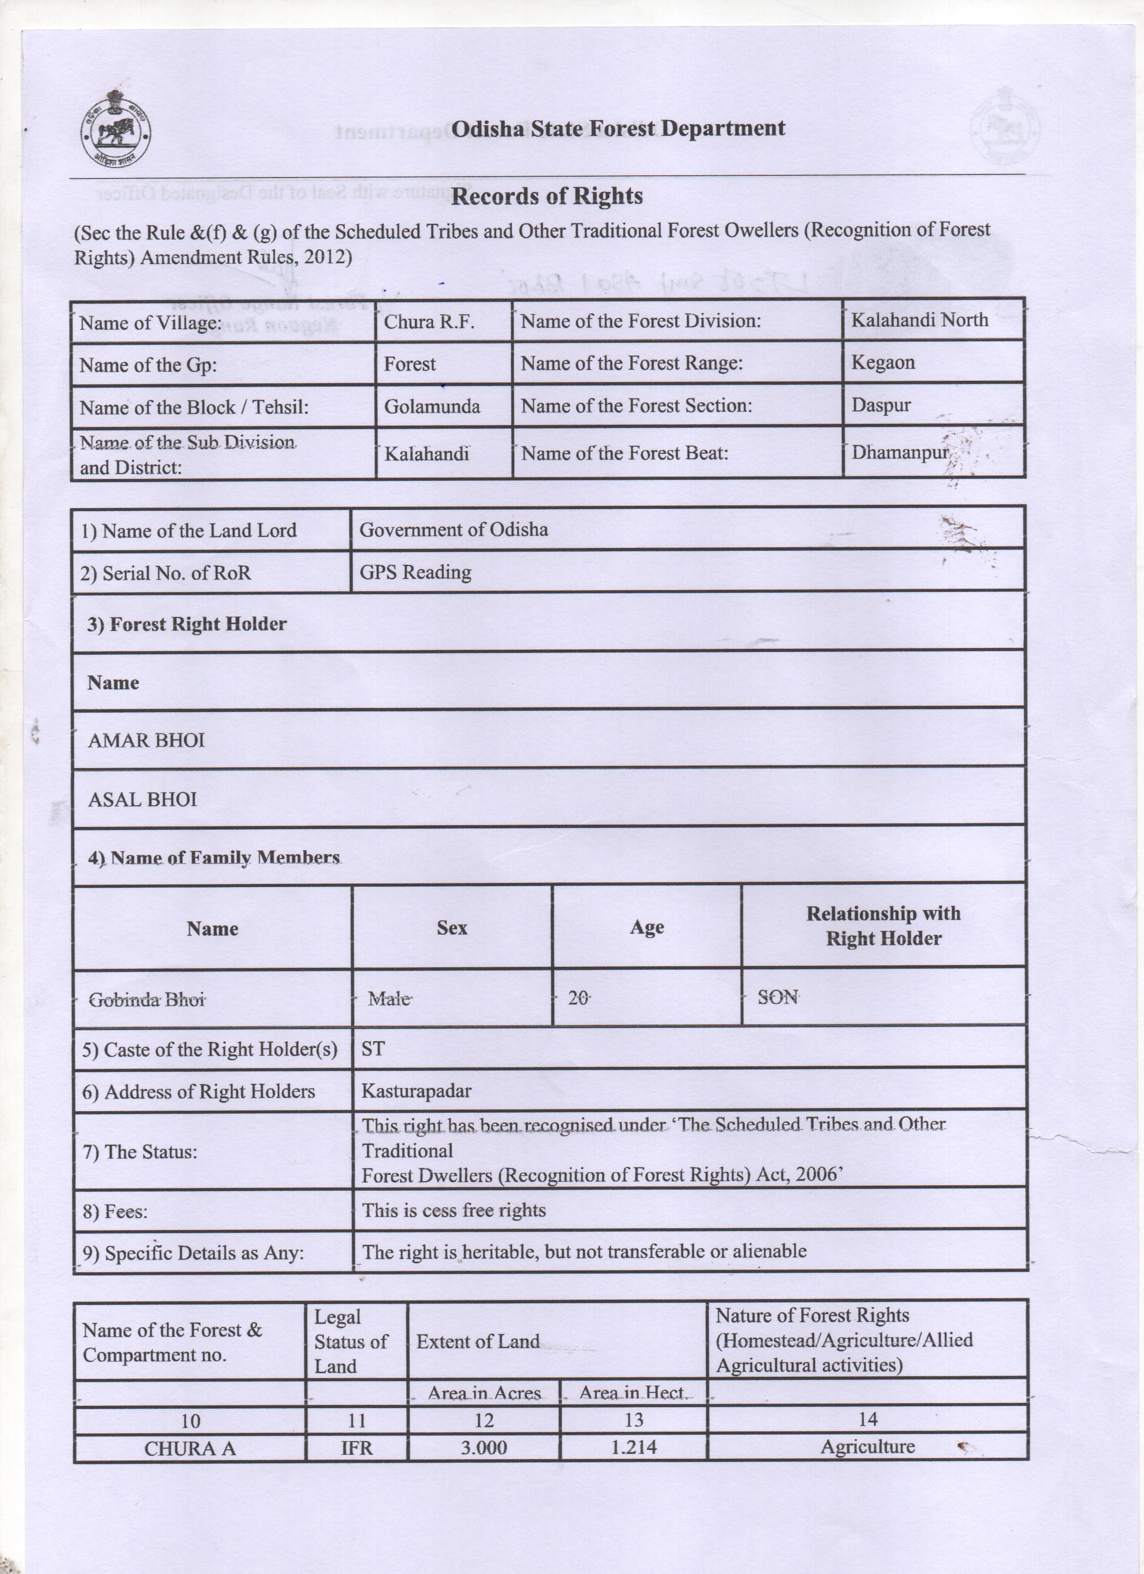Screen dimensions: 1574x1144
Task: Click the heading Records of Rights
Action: pyautogui.click(x=546, y=196)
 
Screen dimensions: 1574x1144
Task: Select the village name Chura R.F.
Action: pyautogui.click(x=429, y=322)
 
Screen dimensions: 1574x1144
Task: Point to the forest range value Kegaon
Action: pyautogui.click(x=882, y=362)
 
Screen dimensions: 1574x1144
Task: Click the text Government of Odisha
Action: pyautogui.click(x=453, y=530)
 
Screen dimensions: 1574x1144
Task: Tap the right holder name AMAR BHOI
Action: pyautogui.click(x=146, y=740)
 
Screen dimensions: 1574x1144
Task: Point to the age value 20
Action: pyautogui.click(x=577, y=998)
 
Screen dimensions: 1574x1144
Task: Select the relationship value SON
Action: pyautogui.click(x=777, y=997)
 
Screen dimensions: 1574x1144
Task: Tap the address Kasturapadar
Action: pyautogui.click(x=416, y=1091)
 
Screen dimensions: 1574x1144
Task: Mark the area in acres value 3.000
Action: pyautogui.click(x=484, y=1448)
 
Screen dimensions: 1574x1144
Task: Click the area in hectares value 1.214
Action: pyautogui.click(x=634, y=1448)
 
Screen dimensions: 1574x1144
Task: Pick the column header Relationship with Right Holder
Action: pyautogui.click(x=883, y=926)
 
